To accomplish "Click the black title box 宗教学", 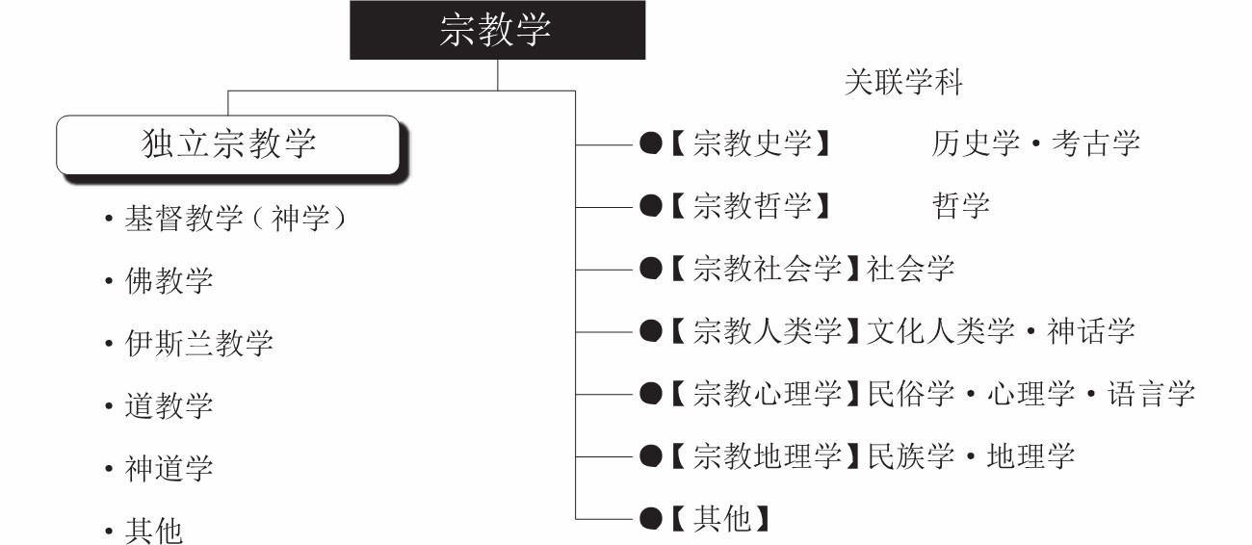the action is [498, 30].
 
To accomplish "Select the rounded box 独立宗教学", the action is [228, 144].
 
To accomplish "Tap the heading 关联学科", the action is [903, 83].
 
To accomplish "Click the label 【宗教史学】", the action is [750, 143].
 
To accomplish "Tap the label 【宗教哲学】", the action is [750, 206].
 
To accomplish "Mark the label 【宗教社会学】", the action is [765, 269].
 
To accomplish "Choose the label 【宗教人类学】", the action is [765, 331].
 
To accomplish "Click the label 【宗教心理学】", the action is [765, 394].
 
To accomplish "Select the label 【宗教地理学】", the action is [765, 456].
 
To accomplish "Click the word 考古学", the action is [1096, 143].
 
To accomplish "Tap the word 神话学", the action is [1090, 331].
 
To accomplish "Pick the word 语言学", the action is [1152, 394].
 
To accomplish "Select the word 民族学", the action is [910, 456].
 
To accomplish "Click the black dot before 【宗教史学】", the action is [651, 143].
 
